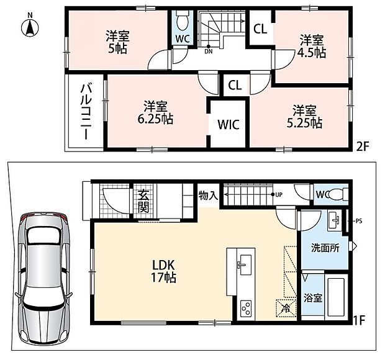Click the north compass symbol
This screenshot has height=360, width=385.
tap(30, 27)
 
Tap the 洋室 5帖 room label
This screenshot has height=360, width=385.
tap(117, 42)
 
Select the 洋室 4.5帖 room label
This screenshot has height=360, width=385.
tap(312, 47)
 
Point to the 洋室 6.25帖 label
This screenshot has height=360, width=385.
tap(155, 112)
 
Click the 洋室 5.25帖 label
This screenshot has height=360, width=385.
tap(304, 117)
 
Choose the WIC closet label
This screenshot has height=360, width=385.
tap(229, 124)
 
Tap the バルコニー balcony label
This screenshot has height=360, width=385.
tap(86, 111)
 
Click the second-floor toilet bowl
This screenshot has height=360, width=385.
tap(183, 21)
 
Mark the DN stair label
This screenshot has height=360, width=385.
tap(209, 52)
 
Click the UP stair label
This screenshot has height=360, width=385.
tap(279, 195)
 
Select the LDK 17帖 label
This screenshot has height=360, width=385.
tap(163, 271)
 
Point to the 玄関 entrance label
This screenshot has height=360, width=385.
tap(143, 201)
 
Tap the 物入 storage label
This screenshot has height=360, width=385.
tap(208, 196)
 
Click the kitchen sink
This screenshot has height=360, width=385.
tap(245, 265)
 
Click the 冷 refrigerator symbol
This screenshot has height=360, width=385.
tap(286, 308)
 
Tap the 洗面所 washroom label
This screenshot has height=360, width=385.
tap(325, 248)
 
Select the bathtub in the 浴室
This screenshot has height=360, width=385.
tap(336, 297)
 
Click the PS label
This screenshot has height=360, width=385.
tap(359, 221)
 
